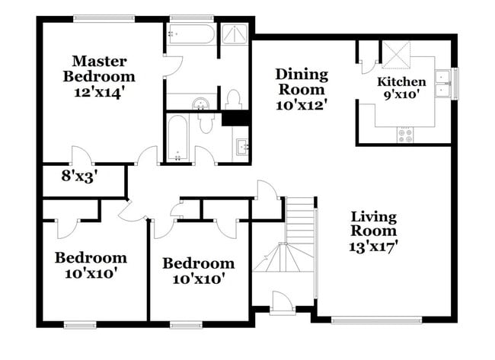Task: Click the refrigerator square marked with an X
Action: [x=396, y=55]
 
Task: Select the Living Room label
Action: [x=373, y=223]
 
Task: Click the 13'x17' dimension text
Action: [x=373, y=246]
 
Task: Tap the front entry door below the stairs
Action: [x=282, y=307]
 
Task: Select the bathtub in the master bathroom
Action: [x=190, y=34]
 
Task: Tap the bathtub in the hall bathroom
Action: [x=178, y=139]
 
